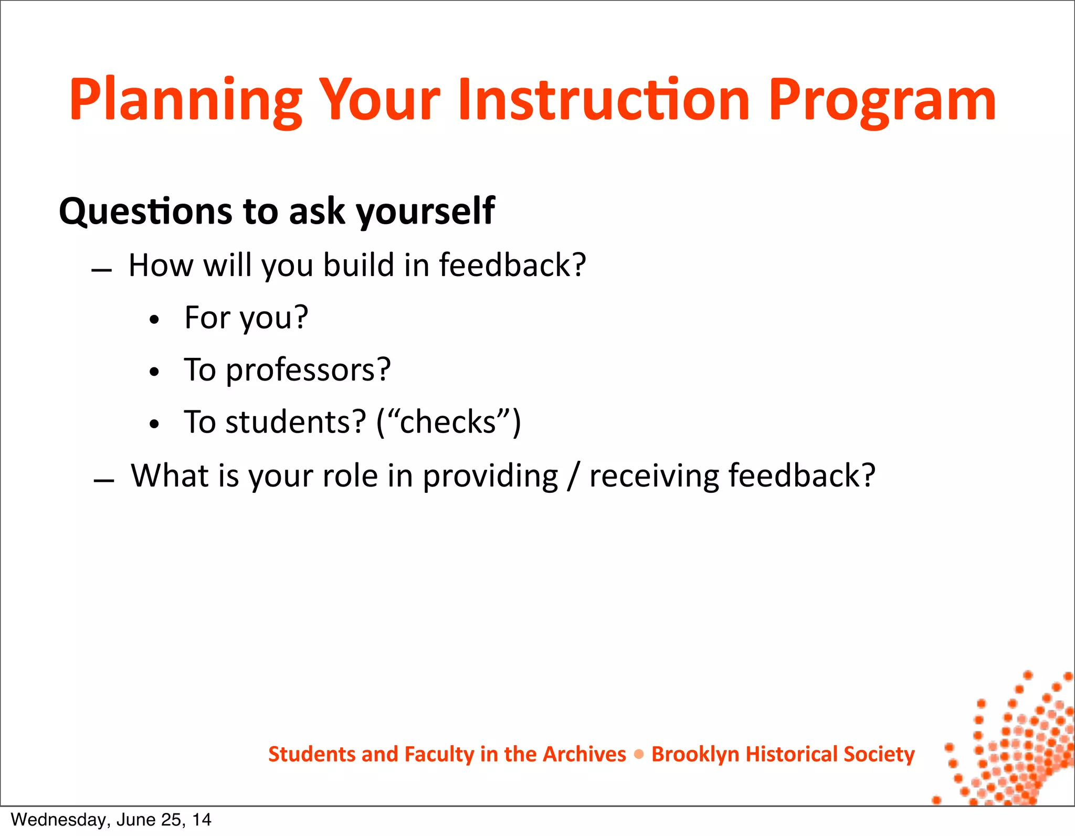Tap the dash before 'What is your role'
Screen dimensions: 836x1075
pyautogui.click(x=103, y=481)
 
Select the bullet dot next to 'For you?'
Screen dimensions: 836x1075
pyautogui.click(x=154, y=320)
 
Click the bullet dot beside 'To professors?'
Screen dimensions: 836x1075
pyautogui.click(x=154, y=372)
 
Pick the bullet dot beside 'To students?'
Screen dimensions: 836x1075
pyautogui.click(x=154, y=424)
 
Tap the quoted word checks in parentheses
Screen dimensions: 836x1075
pyautogui.click(x=448, y=422)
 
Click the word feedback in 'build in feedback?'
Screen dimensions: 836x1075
pyautogui.click(x=512, y=265)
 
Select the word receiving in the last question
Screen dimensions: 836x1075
pyautogui.click(x=653, y=475)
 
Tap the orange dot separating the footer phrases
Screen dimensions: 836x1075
pyautogui.click(x=639, y=754)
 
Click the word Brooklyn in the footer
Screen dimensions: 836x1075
pyautogui.click(x=695, y=754)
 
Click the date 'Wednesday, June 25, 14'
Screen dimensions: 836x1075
pyautogui.click(x=111, y=820)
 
